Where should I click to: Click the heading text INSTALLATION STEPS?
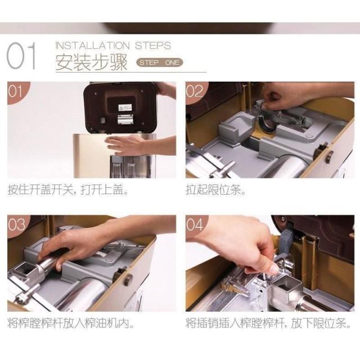[112, 45]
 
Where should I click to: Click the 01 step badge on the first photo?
[16, 91]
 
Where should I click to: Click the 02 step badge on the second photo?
[195, 91]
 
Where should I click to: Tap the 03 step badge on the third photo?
[16, 224]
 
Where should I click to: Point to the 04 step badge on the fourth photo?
[195, 224]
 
